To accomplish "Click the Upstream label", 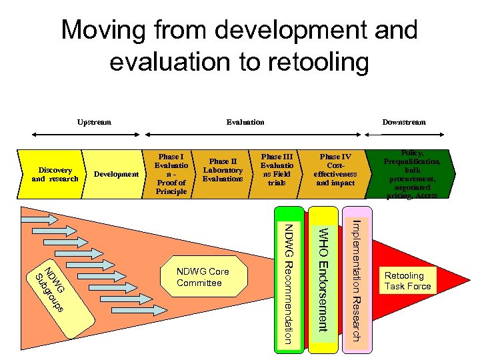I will pyautogui.click(x=94, y=122).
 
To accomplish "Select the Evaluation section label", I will pyautogui.click(x=245, y=122).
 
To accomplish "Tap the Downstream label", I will pyautogui.click(x=403, y=122).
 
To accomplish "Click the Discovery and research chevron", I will pyautogui.click(x=55, y=174).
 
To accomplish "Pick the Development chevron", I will pyautogui.click(x=117, y=174).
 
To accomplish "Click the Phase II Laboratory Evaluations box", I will pyautogui.click(x=223, y=170).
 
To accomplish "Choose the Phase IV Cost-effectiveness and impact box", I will pyautogui.click(x=335, y=170).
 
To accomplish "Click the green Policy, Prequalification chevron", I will pyautogui.click(x=411, y=174).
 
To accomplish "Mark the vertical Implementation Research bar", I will pyautogui.click(x=357, y=280).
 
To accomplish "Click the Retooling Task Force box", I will pyautogui.click(x=407, y=281).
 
